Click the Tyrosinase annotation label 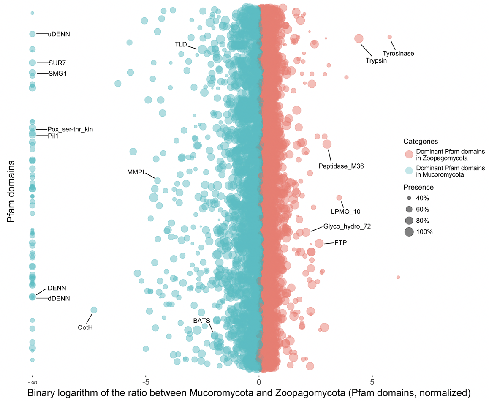pyautogui.click(x=398, y=54)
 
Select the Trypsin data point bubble pyautogui.click(x=359, y=38)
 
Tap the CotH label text pyautogui.click(x=85, y=327)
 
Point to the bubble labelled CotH pyautogui.click(x=94, y=310)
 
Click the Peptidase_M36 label pyautogui.click(x=341, y=166)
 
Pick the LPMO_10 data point pyautogui.click(x=339, y=198)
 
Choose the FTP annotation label pyautogui.click(x=340, y=243)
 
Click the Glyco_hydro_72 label pyautogui.click(x=347, y=226)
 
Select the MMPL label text pyautogui.click(x=136, y=172)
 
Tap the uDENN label pyautogui.click(x=59, y=34)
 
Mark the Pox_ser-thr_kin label pyautogui.click(x=70, y=129)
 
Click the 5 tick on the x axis pyautogui.click(x=372, y=382)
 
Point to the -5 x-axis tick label pyautogui.click(x=145, y=382)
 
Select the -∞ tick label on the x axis pyautogui.click(x=32, y=382)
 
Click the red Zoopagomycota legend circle pyautogui.click(x=409, y=154)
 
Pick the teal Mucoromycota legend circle pyautogui.click(x=409, y=171)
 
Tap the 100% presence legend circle pyautogui.click(x=409, y=231)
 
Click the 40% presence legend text pyautogui.click(x=423, y=198)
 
